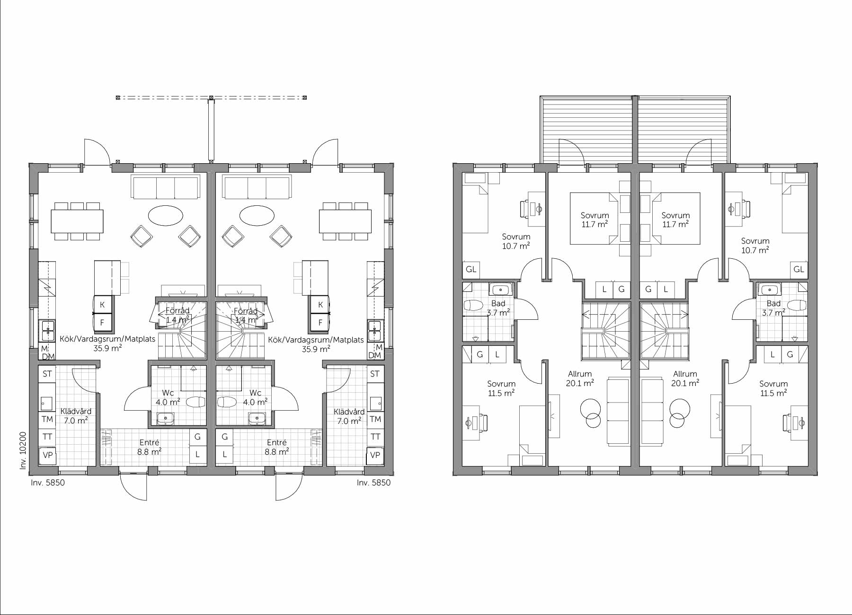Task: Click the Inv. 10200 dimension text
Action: point(22,449)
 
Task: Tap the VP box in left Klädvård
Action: point(47,455)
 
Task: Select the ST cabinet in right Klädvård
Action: point(375,374)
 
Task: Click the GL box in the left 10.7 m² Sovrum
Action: point(470,270)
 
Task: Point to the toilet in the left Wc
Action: point(195,403)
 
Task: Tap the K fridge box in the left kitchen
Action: point(102,305)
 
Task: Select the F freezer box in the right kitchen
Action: point(320,323)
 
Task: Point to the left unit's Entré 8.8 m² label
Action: point(150,447)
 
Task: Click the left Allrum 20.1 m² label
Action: point(580,378)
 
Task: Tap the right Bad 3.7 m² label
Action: point(773,308)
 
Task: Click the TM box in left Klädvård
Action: point(47,419)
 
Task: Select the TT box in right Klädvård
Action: point(375,437)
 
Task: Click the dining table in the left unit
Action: point(77,221)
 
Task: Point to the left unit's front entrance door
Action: point(133,485)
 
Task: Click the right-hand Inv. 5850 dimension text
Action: point(373,483)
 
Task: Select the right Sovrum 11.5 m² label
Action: point(773,388)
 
